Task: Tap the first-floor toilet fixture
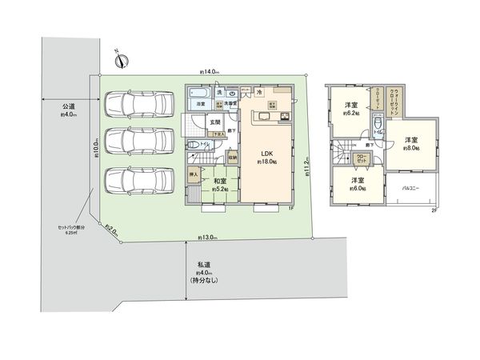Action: point(194,145)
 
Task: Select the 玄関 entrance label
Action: point(214,122)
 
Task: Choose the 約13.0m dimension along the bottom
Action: point(208,237)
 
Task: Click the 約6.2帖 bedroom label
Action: point(350,110)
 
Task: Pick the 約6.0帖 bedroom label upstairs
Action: point(357,185)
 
